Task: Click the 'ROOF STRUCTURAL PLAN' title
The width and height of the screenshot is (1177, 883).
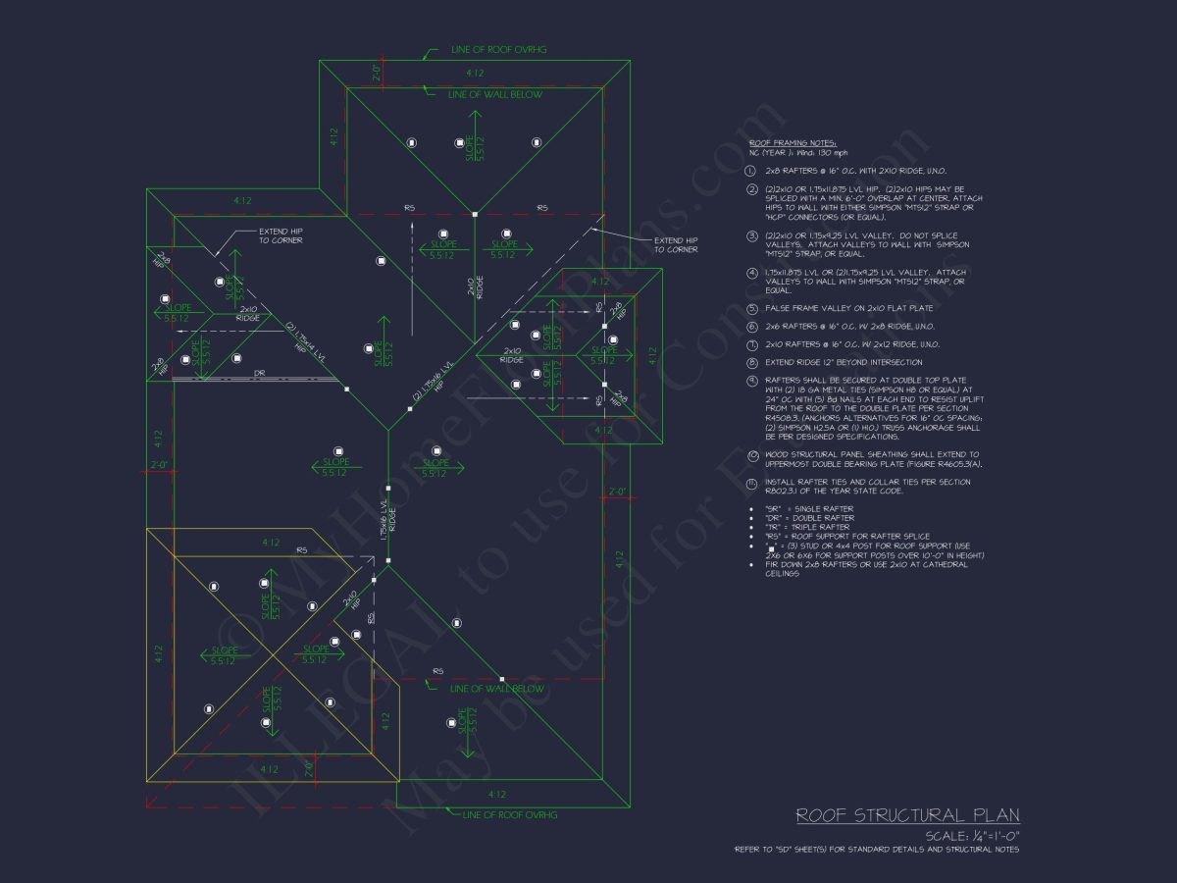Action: [906, 815]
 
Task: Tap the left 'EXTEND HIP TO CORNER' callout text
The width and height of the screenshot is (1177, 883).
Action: [281, 235]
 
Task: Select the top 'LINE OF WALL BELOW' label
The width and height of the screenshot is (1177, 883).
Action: [494, 94]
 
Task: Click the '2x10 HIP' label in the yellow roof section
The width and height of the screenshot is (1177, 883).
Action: [350, 600]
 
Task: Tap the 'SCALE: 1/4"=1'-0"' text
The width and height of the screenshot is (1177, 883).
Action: [971, 836]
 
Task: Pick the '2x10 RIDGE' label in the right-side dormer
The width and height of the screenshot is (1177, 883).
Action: [512, 355]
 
